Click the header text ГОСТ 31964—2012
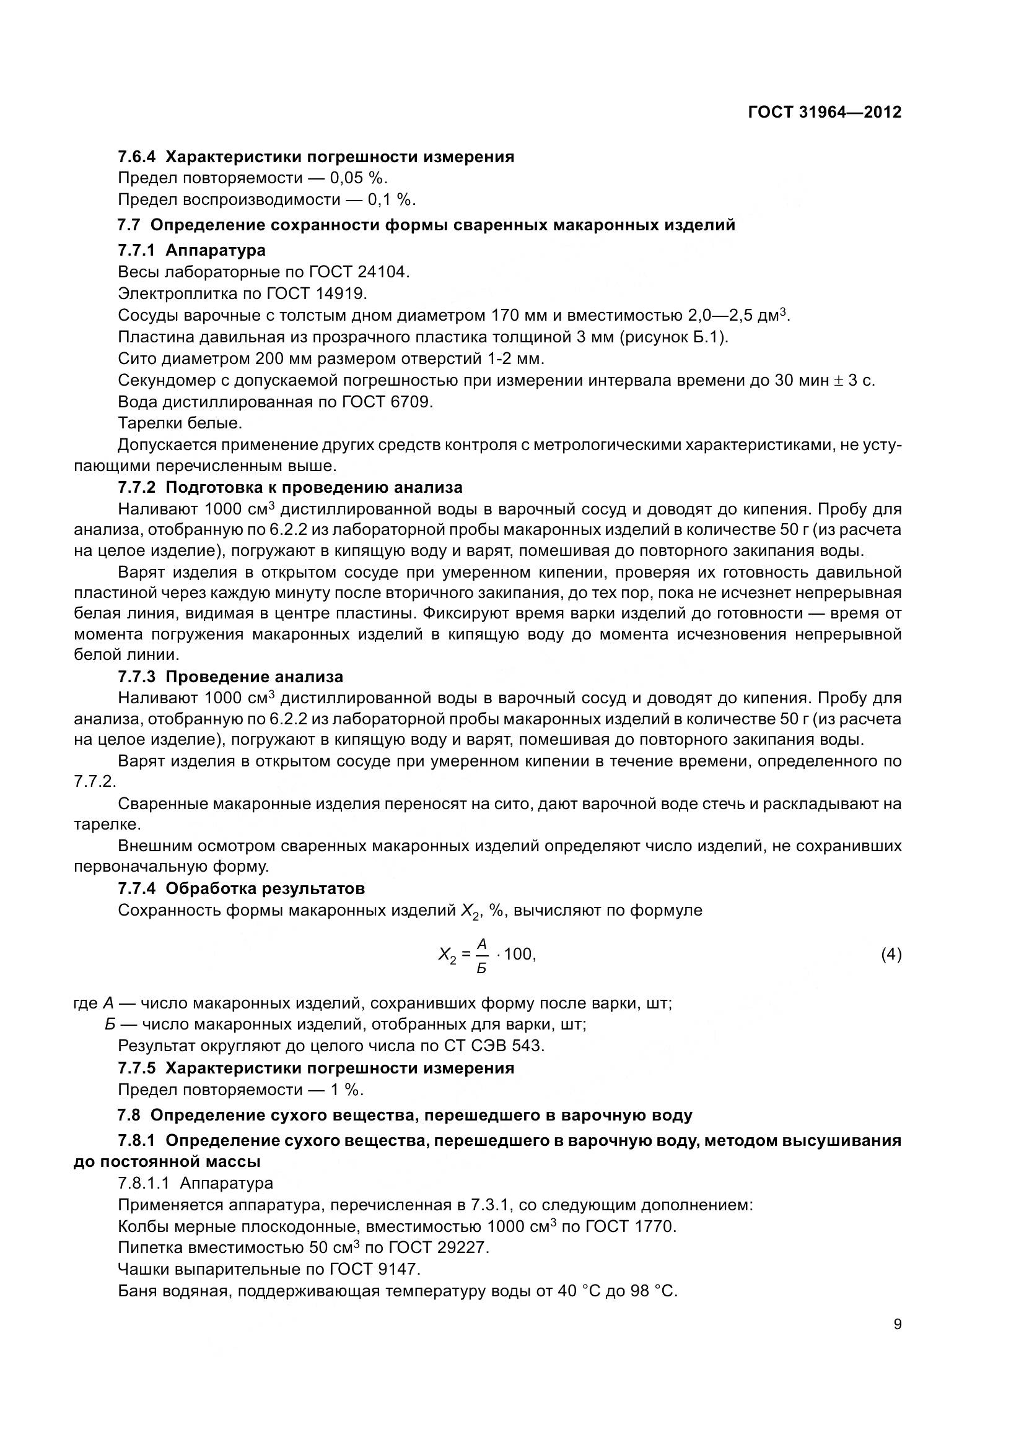pyautogui.click(x=824, y=112)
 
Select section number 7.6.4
pyautogui.click(x=136, y=157)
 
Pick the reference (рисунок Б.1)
pyautogui.click(x=673, y=337)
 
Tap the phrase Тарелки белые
pyautogui.click(x=180, y=423)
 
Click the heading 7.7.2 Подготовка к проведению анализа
pyautogui.click(x=291, y=487)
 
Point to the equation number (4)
pyautogui.click(x=891, y=954)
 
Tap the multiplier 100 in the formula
pyautogui.click(x=519, y=954)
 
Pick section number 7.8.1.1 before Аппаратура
pyautogui.click(x=142, y=1182)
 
